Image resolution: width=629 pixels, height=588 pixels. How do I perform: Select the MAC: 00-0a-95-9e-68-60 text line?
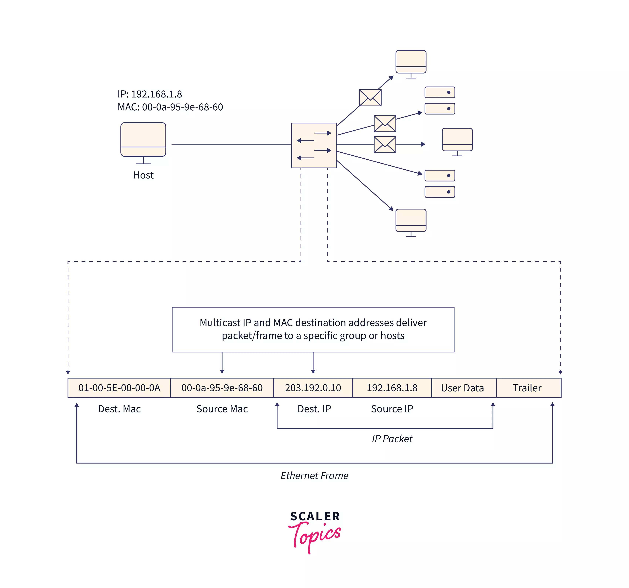tap(170, 107)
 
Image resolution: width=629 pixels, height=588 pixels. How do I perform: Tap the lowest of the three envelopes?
tap(385, 145)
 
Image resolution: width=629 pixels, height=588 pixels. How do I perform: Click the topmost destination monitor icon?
tap(411, 62)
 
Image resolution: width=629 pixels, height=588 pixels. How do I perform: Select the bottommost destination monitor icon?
tap(411, 221)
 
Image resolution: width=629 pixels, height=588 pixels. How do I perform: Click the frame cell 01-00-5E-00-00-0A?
tap(119, 388)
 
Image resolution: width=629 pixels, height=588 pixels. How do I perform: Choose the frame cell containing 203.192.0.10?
tap(313, 388)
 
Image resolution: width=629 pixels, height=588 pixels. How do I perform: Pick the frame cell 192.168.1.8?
tap(392, 388)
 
